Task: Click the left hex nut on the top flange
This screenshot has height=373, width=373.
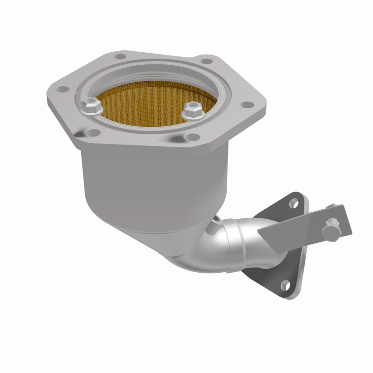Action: pyautogui.click(x=90, y=108)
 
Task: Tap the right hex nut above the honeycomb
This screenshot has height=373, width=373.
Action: pyautogui.click(x=191, y=111)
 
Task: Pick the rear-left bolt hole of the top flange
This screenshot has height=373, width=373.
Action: pyautogui.click(x=121, y=57)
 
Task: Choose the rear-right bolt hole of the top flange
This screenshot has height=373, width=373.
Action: pyautogui.click(x=203, y=60)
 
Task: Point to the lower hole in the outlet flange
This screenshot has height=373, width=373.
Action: pyautogui.click(x=284, y=283)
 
